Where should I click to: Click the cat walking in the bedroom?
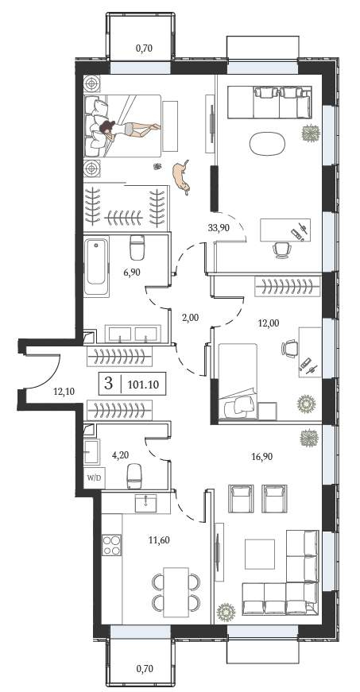pyautogui.click(x=181, y=176)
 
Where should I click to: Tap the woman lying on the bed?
pyautogui.click(x=129, y=129)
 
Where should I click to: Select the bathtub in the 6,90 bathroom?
pyautogui.click(x=97, y=267)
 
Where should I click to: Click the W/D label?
pyautogui.click(x=95, y=477)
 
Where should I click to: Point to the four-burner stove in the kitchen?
pyautogui.click(x=111, y=544)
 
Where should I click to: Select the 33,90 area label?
pyautogui.click(x=219, y=228)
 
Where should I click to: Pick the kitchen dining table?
pyautogui.click(x=176, y=592)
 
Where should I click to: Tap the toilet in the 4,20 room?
pyautogui.click(x=134, y=476)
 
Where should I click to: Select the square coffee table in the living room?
pyautogui.click(x=260, y=554)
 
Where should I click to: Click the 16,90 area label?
pyautogui.click(x=262, y=456)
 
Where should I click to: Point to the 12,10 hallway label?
pyautogui.click(x=63, y=391)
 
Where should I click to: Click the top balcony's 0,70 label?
pyautogui.click(x=144, y=48)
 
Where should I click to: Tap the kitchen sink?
pyautogui.click(x=145, y=503)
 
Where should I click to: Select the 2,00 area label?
pyautogui.click(x=189, y=316)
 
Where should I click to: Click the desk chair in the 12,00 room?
pyautogui.click(x=288, y=348)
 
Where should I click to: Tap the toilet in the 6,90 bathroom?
pyautogui.click(x=137, y=248)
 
